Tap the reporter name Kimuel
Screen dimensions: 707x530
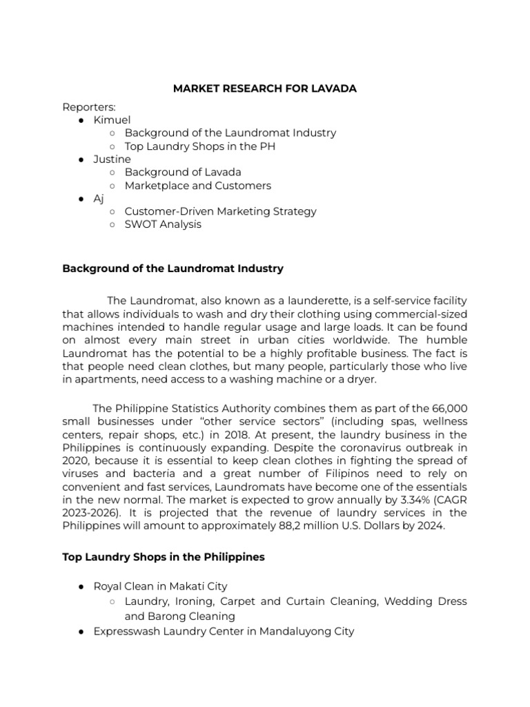click(112, 119)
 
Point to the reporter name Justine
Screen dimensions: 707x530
click(112, 159)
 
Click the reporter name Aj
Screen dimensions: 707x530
click(99, 198)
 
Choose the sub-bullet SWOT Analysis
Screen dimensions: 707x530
click(163, 224)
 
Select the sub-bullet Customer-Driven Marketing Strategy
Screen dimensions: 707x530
click(220, 211)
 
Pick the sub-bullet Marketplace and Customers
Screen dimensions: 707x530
click(197, 185)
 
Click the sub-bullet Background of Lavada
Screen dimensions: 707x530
click(183, 172)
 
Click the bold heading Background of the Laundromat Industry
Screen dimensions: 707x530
click(173, 269)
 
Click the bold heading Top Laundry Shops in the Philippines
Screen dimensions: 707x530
click(164, 556)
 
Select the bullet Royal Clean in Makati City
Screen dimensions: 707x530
click(160, 586)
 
